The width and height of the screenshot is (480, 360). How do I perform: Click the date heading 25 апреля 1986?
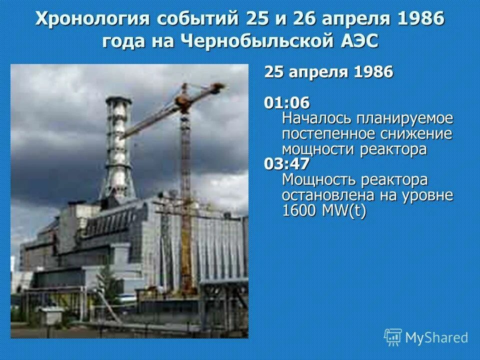[x=328, y=72]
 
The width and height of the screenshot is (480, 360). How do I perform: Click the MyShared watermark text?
[x=436, y=338]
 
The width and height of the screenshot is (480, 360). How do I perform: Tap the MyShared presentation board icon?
[x=393, y=337]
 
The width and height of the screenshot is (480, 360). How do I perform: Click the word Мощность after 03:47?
[x=320, y=179]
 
